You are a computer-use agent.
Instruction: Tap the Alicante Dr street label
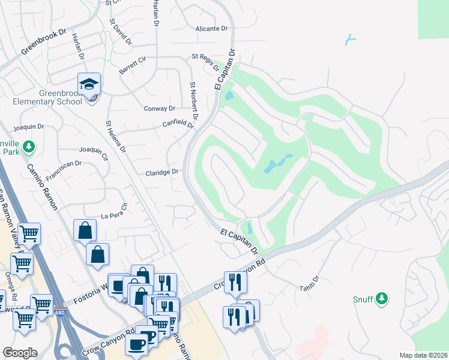[x=212, y=28]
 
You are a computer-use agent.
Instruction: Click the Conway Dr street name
[x=159, y=109]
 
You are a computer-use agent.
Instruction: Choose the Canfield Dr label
[x=179, y=124]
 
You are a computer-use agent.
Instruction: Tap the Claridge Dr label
[x=162, y=172]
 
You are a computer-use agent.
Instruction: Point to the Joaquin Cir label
[x=93, y=154]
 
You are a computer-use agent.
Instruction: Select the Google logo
[x=20, y=352]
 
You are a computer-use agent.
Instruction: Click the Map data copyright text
[x=423, y=355]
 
